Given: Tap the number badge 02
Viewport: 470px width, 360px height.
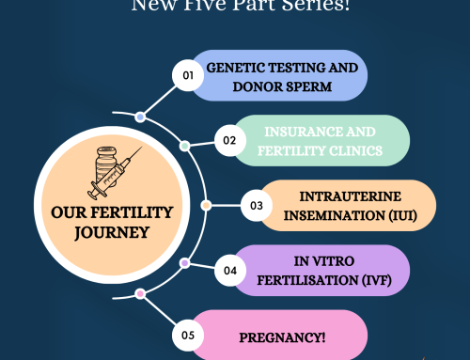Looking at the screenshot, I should pyautogui.click(x=227, y=142).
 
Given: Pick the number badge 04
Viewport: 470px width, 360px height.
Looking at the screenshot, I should pyautogui.click(x=227, y=270).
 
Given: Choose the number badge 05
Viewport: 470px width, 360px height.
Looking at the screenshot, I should pyautogui.click(x=188, y=335).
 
